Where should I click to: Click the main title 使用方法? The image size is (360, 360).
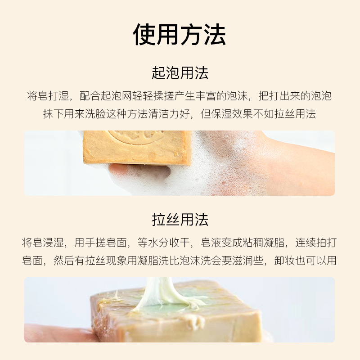pyautogui.click(x=180, y=35)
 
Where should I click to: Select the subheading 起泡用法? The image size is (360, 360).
pyautogui.click(x=180, y=73)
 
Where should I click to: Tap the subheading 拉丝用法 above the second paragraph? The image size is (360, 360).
pyautogui.click(x=180, y=220)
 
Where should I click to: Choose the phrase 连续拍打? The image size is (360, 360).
pyautogui.click(x=316, y=243)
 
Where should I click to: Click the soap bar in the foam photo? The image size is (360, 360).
pyautogui.click(x=135, y=146)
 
